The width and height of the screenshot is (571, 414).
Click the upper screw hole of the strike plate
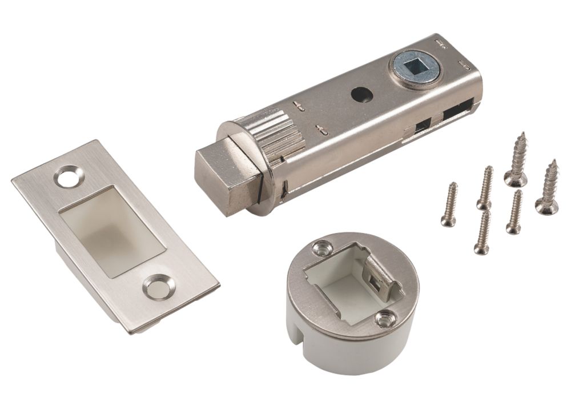point(69,176)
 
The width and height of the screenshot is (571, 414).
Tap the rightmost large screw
point(548,188)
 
